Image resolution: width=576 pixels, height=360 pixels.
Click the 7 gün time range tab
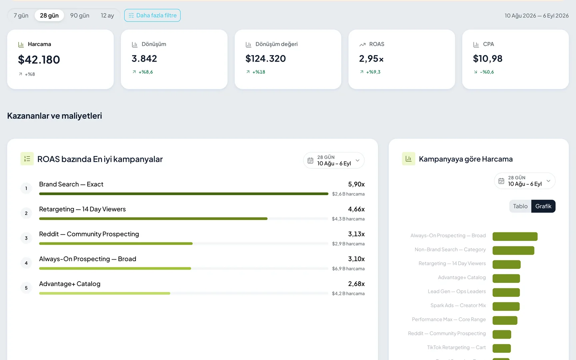pos(21,16)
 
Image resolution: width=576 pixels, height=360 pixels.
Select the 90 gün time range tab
pos(80,16)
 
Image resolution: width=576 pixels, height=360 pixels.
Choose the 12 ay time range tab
pos(107,16)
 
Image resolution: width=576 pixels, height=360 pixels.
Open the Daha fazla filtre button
pos(152,16)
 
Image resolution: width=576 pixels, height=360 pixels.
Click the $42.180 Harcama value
pos(39,60)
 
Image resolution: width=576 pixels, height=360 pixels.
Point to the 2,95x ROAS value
pos(371,59)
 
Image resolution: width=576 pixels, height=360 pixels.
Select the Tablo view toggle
pos(520,206)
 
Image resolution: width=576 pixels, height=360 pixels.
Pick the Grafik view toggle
pos(543,206)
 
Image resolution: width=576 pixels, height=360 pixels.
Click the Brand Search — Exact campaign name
pos(71,184)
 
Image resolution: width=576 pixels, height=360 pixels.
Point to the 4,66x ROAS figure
pos(356,209)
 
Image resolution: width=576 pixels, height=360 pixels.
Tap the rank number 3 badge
pos(26,238)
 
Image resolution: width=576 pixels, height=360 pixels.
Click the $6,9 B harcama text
pos(348,269)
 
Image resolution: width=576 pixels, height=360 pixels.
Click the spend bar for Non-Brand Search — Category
pos(513,250)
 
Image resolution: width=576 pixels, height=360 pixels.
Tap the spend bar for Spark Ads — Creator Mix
pos(506,306)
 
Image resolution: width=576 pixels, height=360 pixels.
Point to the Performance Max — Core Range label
pos(449,319)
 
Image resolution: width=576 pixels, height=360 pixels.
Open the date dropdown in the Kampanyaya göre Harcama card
pos(524,181)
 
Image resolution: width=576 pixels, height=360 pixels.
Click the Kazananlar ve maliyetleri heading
pos(54,116)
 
